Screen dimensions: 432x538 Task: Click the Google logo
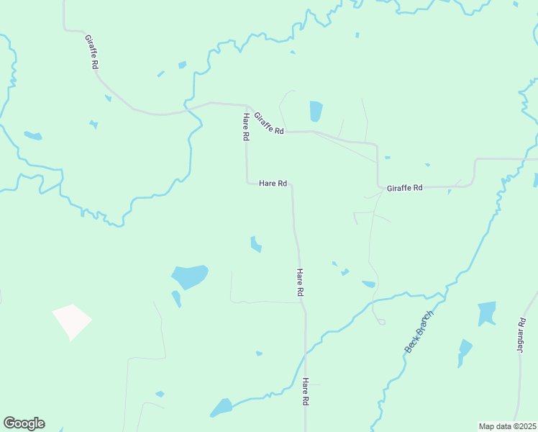(24, 423)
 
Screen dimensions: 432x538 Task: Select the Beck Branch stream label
(419, 331)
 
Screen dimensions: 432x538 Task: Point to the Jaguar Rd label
(521, 335)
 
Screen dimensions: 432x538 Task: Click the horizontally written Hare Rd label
(273, 184)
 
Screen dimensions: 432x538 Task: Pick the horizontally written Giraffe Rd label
(404, 187)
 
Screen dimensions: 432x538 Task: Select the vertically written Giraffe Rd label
(91, 51)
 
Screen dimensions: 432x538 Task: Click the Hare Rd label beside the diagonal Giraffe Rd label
(246, 127)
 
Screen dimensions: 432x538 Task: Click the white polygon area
(72, 320)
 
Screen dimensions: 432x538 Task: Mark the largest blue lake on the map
(189, 276)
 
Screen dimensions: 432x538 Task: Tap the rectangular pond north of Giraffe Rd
(316, 111)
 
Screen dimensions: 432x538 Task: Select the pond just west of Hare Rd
(255, 244)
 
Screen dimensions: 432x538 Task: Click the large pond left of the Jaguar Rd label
(487, 313)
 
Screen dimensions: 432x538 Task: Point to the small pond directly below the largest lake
(176, 298)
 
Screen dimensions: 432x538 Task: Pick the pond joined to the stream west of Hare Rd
(221, 408)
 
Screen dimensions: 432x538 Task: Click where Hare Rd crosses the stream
(306, 353)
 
